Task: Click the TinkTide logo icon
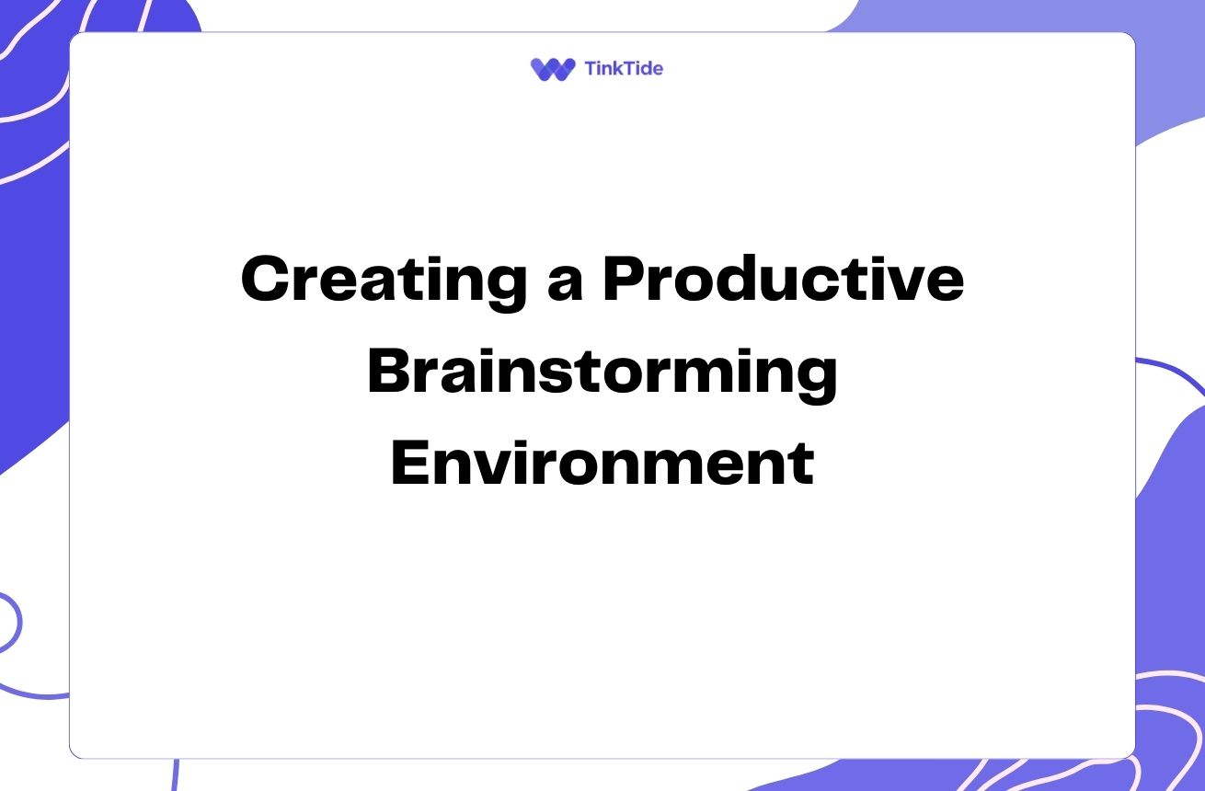coord(553,69)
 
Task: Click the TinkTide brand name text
coord(624,69)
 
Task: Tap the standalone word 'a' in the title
coord(566,285)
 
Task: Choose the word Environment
coord(602,463)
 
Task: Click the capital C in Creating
coord(265,278)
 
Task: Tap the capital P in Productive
coord(625,278)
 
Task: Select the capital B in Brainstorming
coord(391,371)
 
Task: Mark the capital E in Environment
coord(411,463)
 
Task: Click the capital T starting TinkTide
coord(592,69)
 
